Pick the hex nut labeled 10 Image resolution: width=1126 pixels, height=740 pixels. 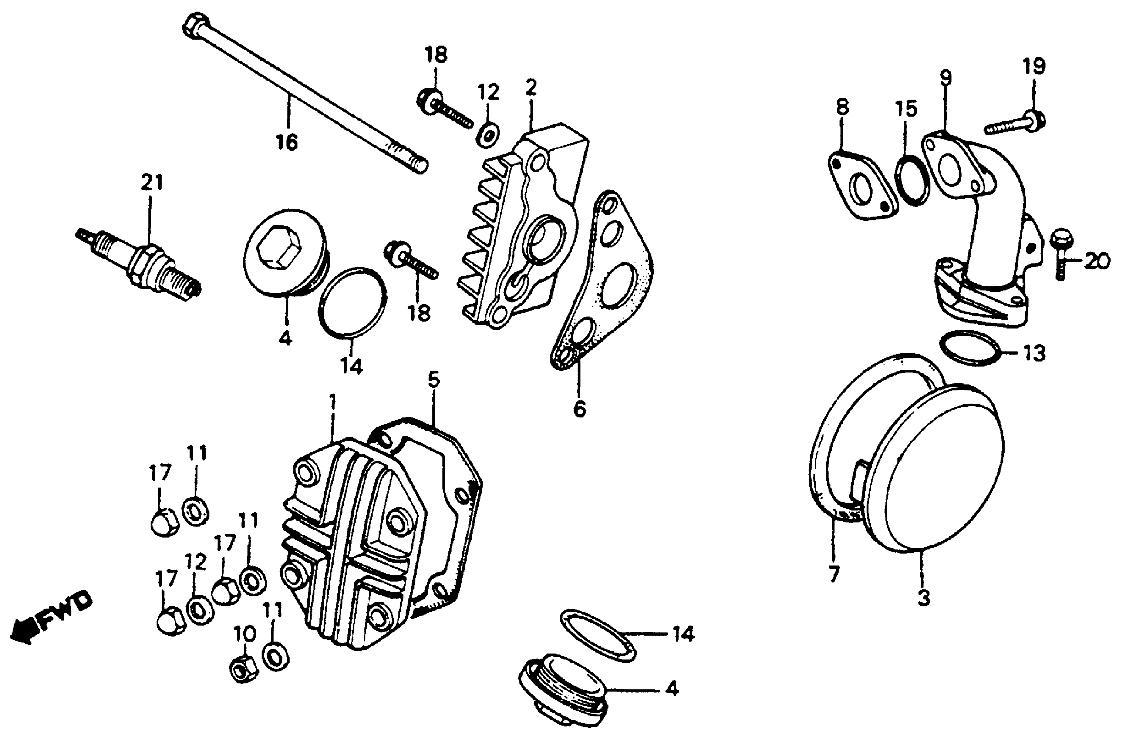(244, 668)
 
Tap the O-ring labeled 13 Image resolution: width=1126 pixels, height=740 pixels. (970, 347)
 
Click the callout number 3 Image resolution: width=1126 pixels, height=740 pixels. (923, 597)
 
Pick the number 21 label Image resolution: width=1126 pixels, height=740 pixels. (152, 182)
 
